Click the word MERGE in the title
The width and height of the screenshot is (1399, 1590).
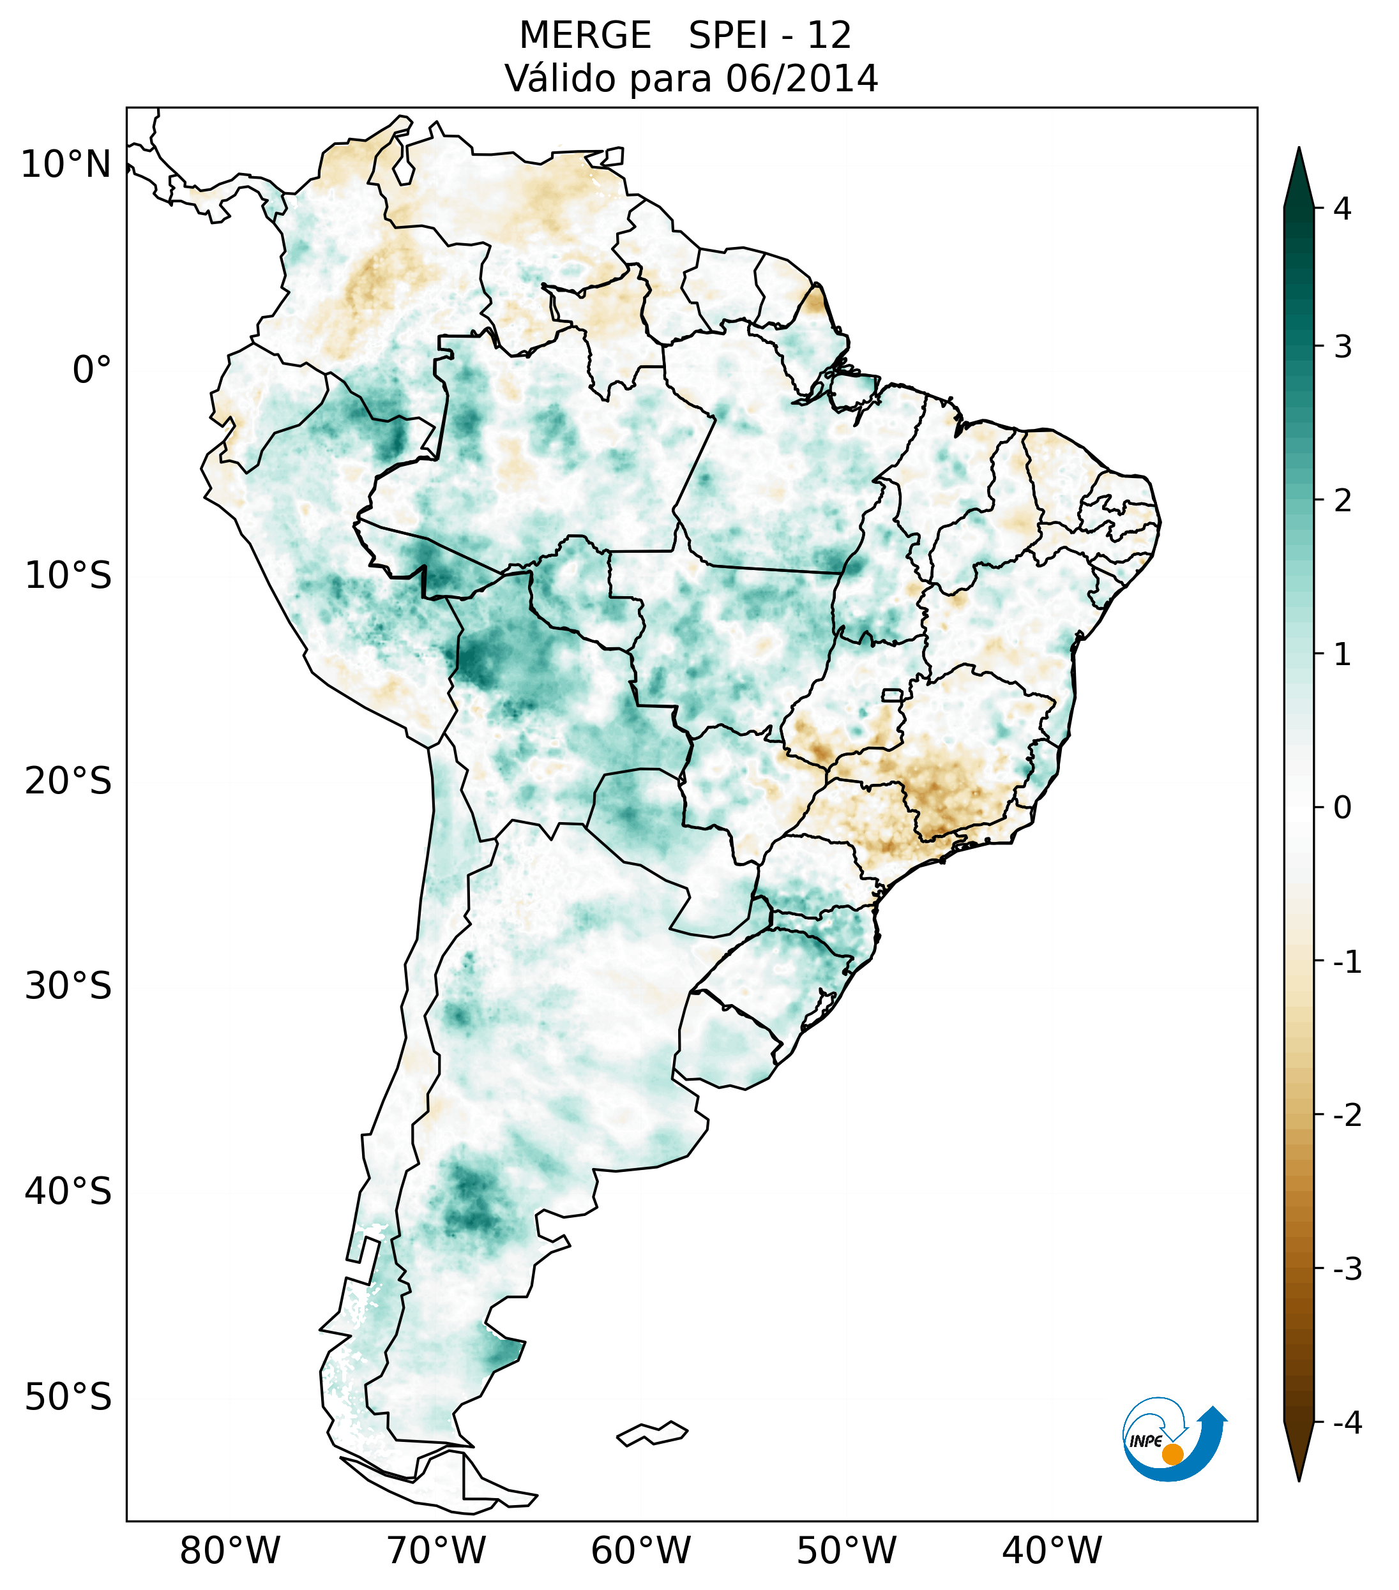point(585,36)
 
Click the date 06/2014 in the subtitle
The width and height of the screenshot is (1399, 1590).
point(801,79)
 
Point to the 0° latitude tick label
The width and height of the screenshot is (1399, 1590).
point(92,370)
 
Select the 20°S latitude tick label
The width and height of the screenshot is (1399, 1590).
point(68,781)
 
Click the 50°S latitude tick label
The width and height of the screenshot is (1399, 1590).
point(68,1397)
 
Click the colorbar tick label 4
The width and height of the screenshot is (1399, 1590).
point(1342,209)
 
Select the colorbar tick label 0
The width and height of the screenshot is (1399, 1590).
point(1342,808)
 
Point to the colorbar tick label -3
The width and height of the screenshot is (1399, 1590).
point(1347,1270)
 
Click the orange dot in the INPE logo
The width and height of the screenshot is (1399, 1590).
point(1172,1454)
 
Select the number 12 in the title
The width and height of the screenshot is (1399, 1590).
point(829,36)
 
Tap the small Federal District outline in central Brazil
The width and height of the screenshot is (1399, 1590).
point(893,694)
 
